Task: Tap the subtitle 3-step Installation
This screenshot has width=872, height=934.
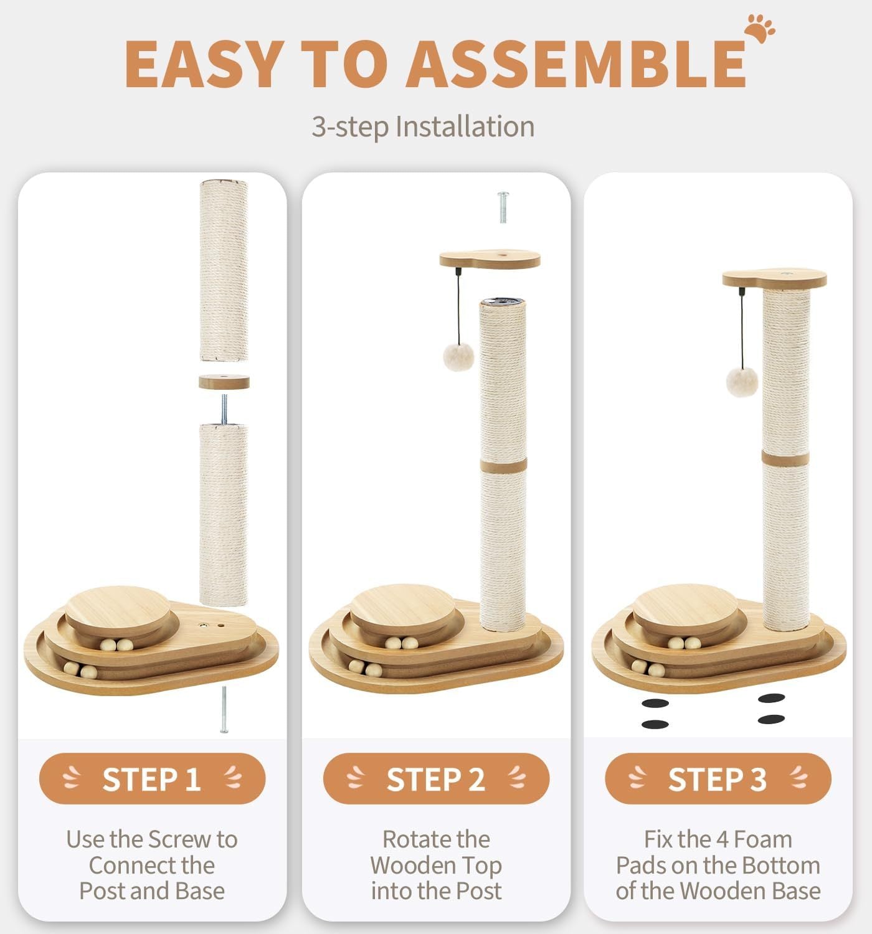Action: click(422, 126)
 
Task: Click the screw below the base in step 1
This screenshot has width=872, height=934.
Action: click(224, 709)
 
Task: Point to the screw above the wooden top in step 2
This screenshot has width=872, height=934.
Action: click(503, 207)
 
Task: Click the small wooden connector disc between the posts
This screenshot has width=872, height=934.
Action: click(224, 381)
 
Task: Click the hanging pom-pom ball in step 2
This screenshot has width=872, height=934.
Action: click(458, 357)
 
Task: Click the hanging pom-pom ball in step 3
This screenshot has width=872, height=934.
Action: click(742, 382)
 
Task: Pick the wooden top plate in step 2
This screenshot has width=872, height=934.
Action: click(490, 258)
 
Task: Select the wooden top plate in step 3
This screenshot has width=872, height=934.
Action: click(774, 278)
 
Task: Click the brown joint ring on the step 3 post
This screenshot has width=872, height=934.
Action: click(785, 458)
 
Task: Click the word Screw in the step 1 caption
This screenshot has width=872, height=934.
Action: click(181, 839)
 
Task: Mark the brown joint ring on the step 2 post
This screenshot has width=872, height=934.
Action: click(503, 466)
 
